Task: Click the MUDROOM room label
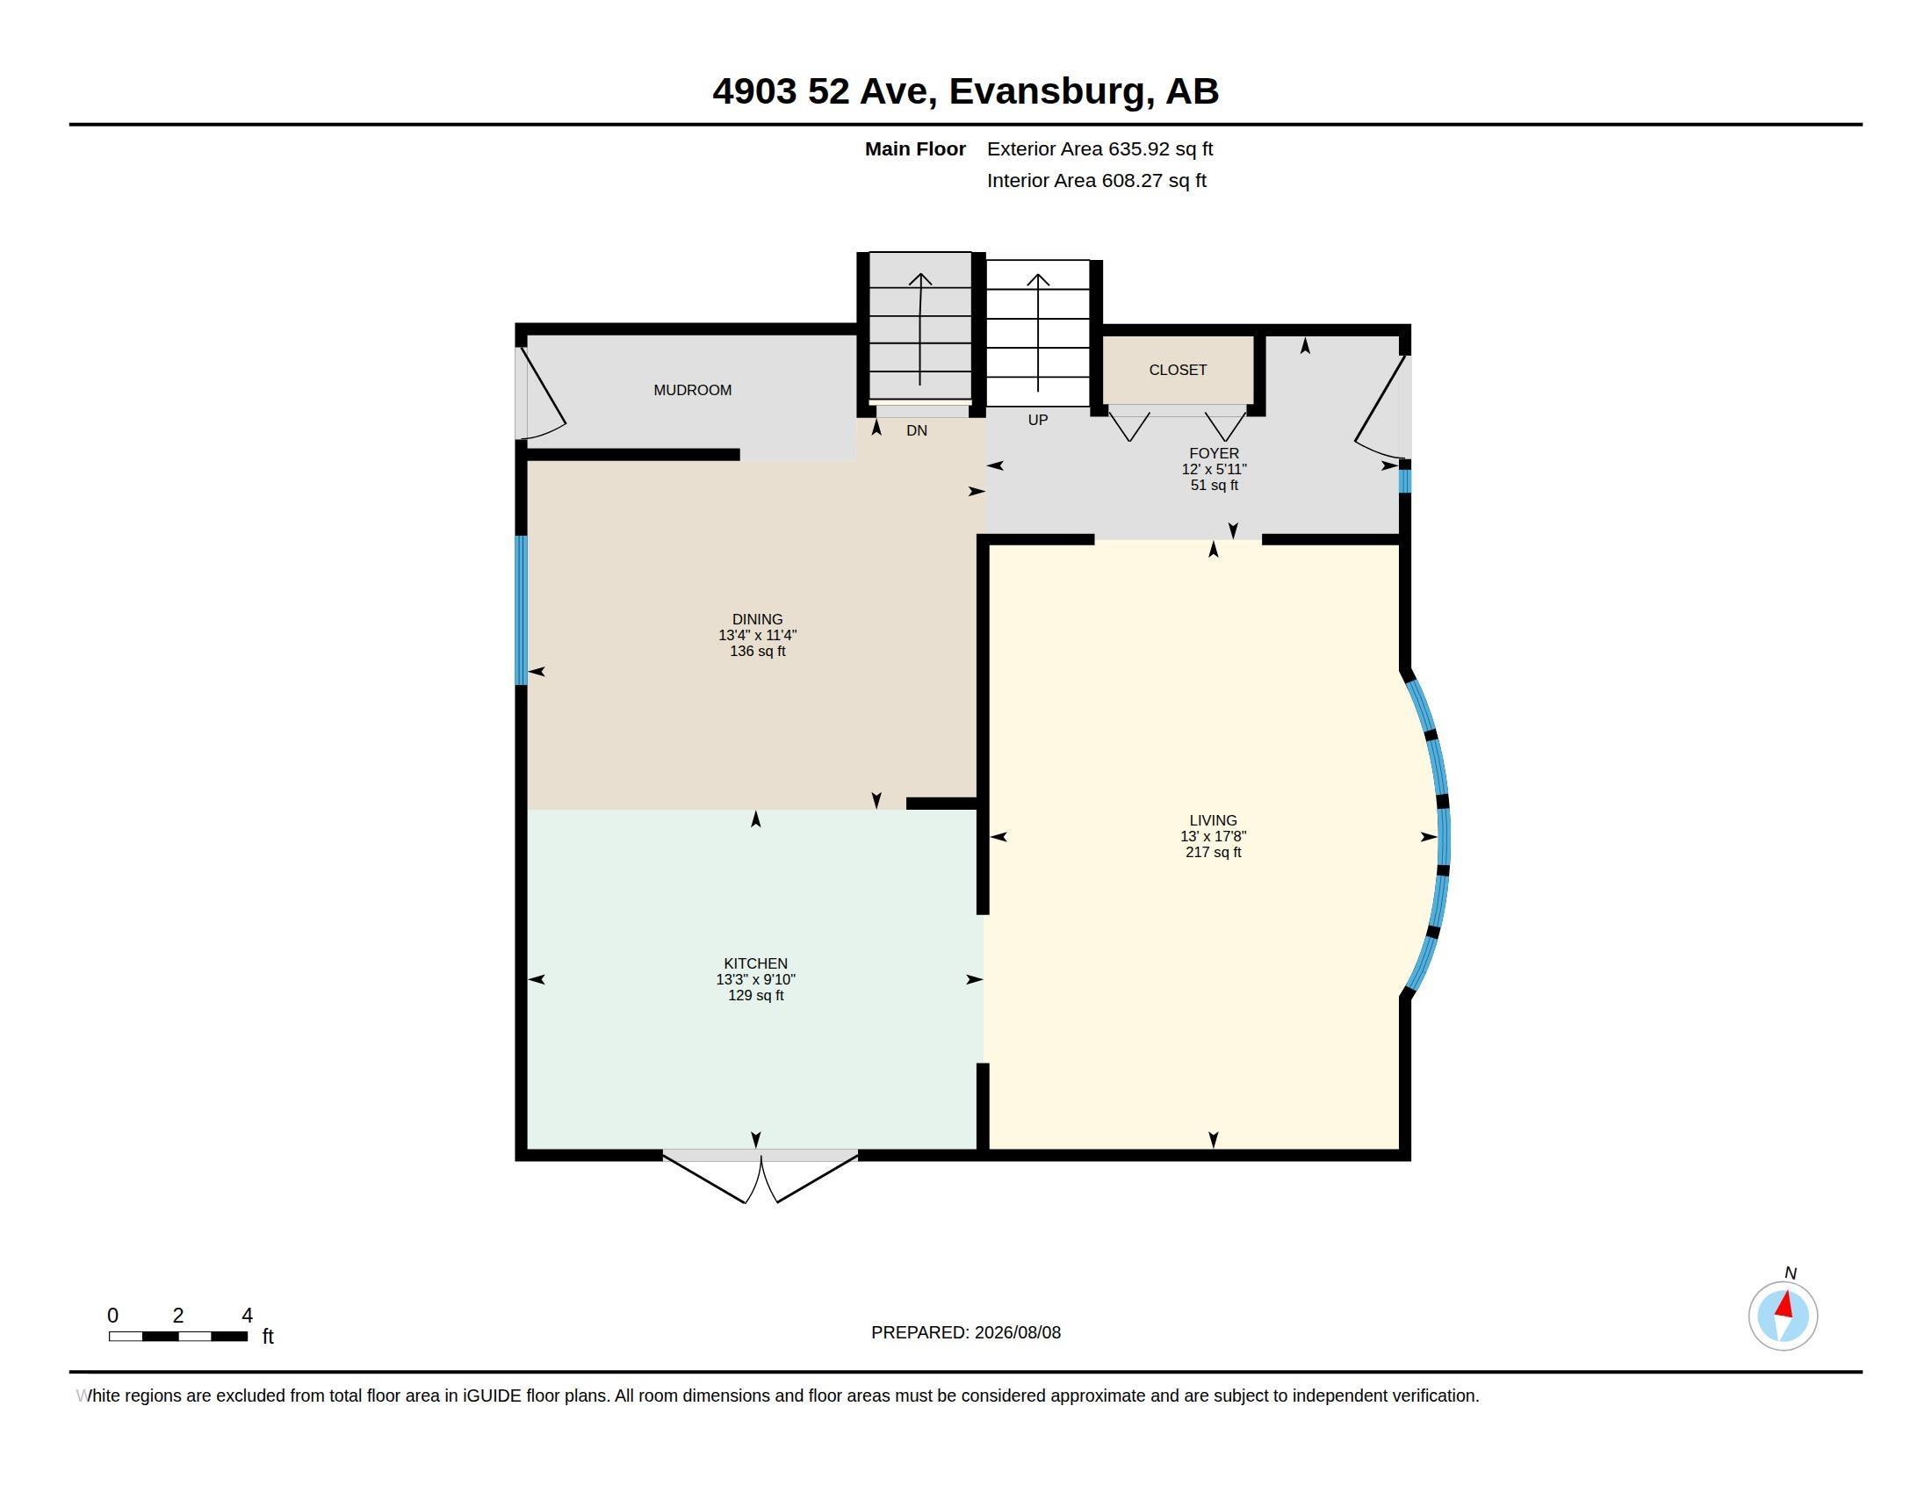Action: pyautogui.click(x=692, y=390)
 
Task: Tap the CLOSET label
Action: pyautogui.click(x=1178, y=370)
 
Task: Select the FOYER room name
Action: pyautogui.click(x=1214, y=453)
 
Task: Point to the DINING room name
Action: pyautogui.click(x=757, y=619)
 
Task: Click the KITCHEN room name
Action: pyautogui.click(x=755, y=963)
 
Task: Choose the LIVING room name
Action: pyautogui.click(x=1213, y=820)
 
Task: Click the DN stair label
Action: pyautogui.click(x=917, y=430)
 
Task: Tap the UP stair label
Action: pyautogui.click(x=1038, y=420)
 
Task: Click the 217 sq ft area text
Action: pyautogui.click(x=1213, y=853)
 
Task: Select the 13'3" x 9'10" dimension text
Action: pyautogui.click(x=755, y=979)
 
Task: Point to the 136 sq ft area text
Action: pyautogui.click(x=757, y=651)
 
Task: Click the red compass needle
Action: pyautogui.click(x=1785, y=1304)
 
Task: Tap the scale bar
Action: pyautogui.click(x=177, y=1336)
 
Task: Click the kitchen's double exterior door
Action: pyautogui.click(x=760, y=1175)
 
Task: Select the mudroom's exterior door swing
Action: pyautogui.click(x=542, y=394)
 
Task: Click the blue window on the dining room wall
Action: pyautogui.click(x=521, y=610)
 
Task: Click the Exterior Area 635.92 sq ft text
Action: pyautogui.click(x=1099, y=148)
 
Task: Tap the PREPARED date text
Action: pyautogui.click(x=966, y=1332)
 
